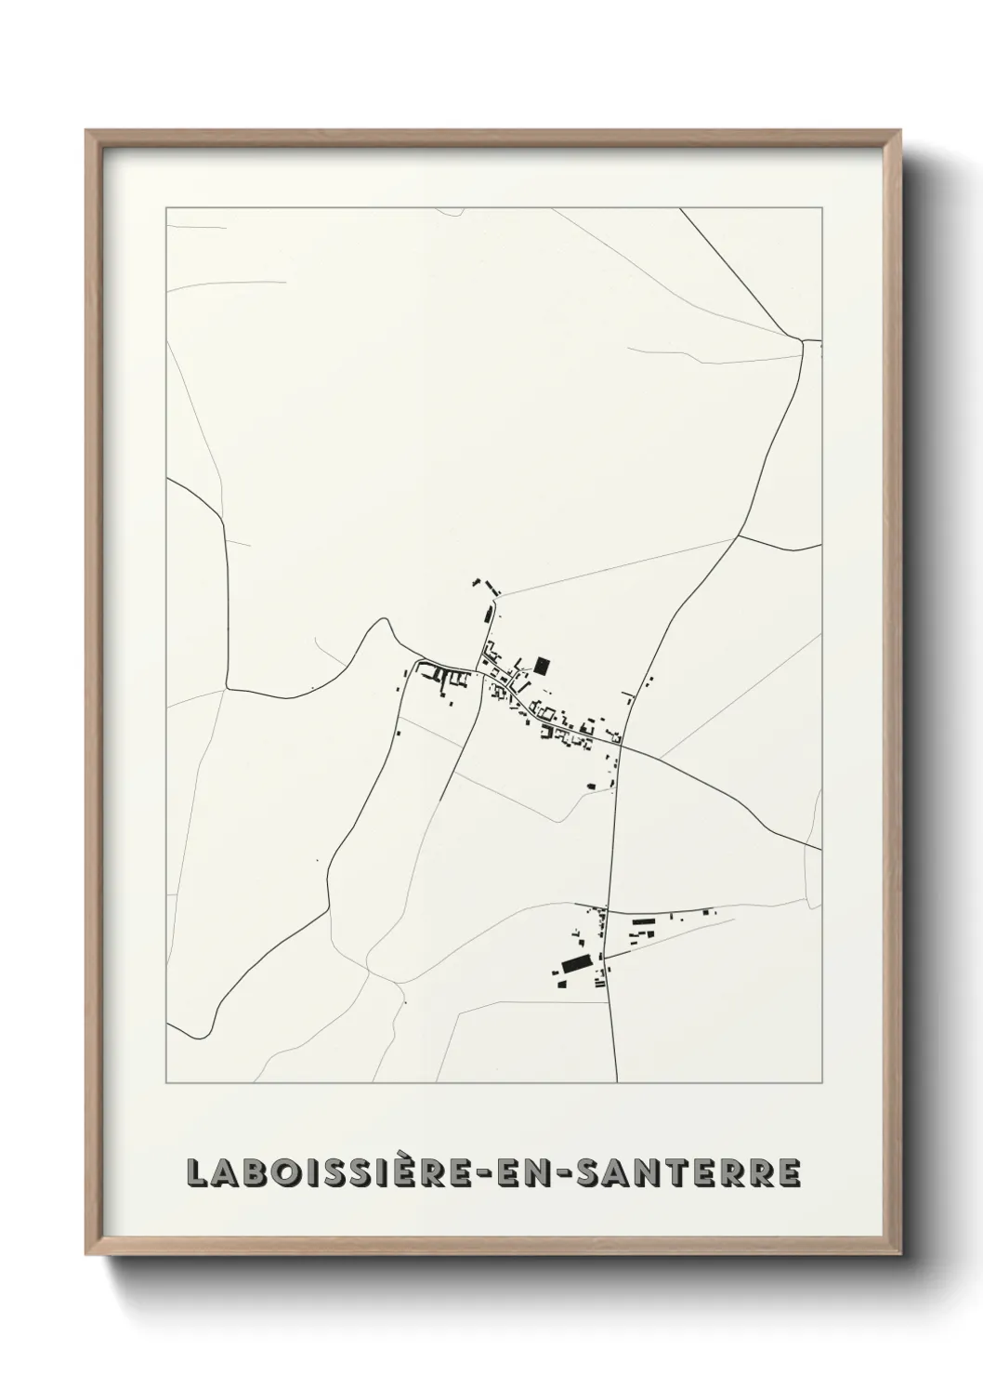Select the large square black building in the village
tap(542, 665)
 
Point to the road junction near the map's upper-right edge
tap(803, 341)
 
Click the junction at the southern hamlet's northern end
tap(606, 908)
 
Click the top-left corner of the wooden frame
tap(87, 131)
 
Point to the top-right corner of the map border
tap(821, 208)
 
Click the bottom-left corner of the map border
tap(166, 1083)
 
